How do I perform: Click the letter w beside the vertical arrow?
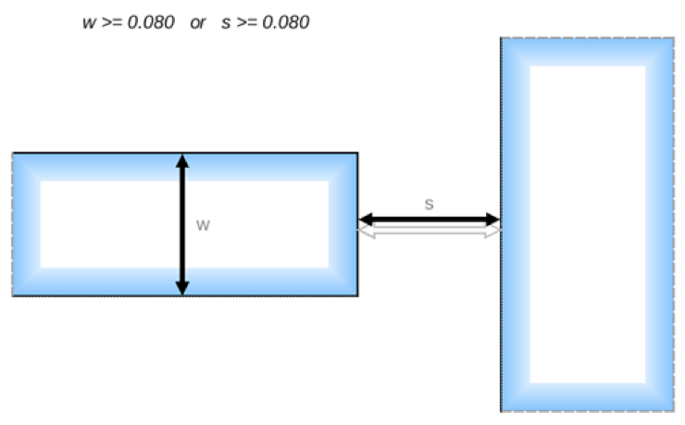203,226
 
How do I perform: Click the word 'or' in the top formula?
197,23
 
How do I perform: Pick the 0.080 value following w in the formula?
151,23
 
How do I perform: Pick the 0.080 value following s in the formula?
285,23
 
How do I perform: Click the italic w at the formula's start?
89,23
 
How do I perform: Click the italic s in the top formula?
225,23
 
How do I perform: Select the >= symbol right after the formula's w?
111,23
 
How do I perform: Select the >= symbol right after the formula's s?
245,23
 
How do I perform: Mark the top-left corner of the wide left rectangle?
13,154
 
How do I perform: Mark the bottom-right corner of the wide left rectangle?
357,295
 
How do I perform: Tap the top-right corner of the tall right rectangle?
673,38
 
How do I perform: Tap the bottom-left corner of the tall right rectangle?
502,410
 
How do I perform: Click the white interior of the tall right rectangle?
587,222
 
